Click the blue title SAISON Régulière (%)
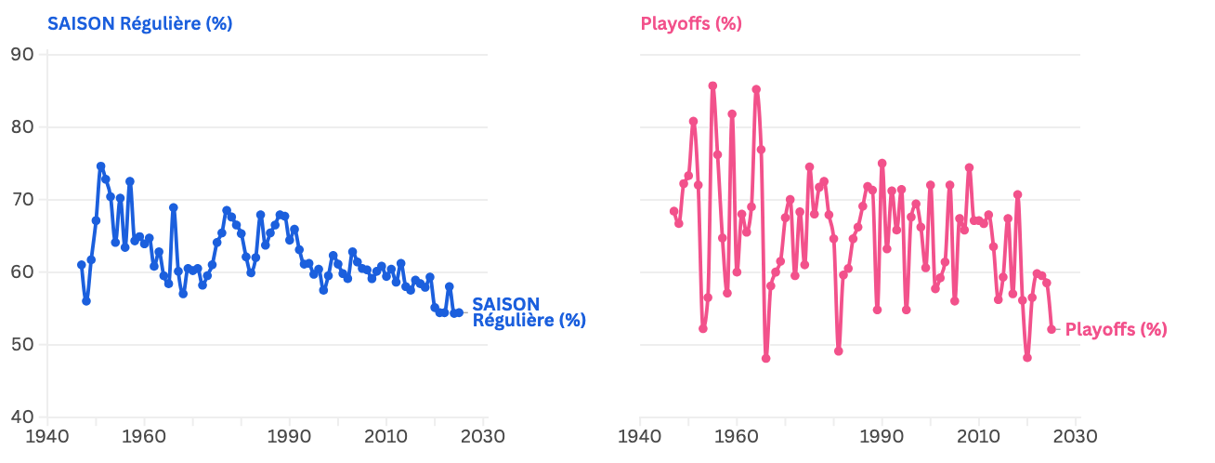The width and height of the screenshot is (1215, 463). [x=139, y=24]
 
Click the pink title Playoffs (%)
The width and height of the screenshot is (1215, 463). [x=691, y=24]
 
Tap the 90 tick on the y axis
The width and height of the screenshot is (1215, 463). [x=22, y=55]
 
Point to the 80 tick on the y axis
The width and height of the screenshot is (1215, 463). [x=22, y=127]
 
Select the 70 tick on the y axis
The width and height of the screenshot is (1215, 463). [x=22, y=200]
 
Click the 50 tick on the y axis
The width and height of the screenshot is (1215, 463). [x=22, y=345]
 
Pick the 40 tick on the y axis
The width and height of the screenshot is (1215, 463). [x=22, y=417]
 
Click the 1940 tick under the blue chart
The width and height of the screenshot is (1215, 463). [x=46, y=436]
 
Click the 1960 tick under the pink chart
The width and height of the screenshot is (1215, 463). [x=737, y=436]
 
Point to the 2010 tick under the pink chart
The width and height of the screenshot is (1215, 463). [x=979, y=436]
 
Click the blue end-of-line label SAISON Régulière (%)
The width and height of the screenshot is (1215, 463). [x=529, y=312]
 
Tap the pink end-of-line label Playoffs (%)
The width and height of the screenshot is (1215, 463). [x=1116, y=329]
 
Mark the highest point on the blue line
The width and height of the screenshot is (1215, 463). [x=100, y=166]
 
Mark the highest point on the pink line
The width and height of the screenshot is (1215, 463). [x=712, y=86]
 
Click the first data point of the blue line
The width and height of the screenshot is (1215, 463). [x=81, y=265]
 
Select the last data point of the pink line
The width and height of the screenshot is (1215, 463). [x=1052, y=329]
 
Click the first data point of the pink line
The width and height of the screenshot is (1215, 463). [x=673, y=211]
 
